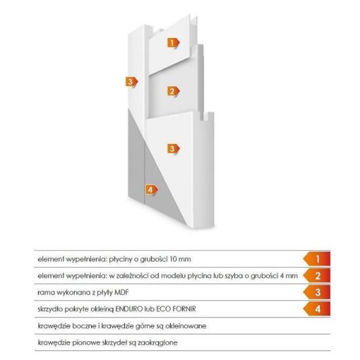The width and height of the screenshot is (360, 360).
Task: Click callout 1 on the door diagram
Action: [x=173, y=43]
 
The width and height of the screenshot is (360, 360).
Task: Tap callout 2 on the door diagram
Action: [x=173, y=91]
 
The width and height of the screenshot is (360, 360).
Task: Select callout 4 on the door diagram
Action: [x=152, y=190]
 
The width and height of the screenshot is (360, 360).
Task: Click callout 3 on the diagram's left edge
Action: [x=132, y=82]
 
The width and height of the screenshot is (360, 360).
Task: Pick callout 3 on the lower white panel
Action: [x=173, y=149]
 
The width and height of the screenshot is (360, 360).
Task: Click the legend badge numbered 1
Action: [x=317, y=259]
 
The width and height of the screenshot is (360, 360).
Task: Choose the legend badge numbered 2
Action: [x=317, y=276]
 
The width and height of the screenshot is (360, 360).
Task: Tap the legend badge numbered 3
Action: [x=317, y=293]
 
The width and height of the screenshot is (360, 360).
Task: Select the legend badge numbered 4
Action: [x=317, y=309]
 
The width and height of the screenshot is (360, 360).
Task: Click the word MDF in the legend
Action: [x=122, y=293]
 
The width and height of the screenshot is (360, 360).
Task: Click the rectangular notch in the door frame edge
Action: [x=205, y=117]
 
